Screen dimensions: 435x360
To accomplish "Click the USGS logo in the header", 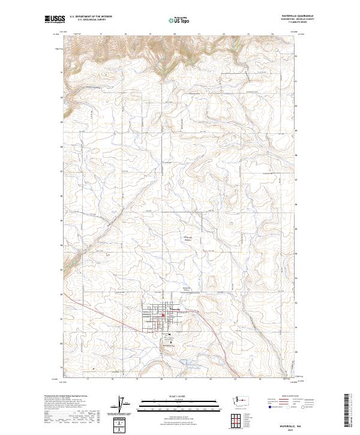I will tap(55, 19).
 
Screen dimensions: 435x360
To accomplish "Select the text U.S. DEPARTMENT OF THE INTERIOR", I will tap(90, 17).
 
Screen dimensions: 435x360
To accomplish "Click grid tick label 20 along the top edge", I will tap(174, 34).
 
